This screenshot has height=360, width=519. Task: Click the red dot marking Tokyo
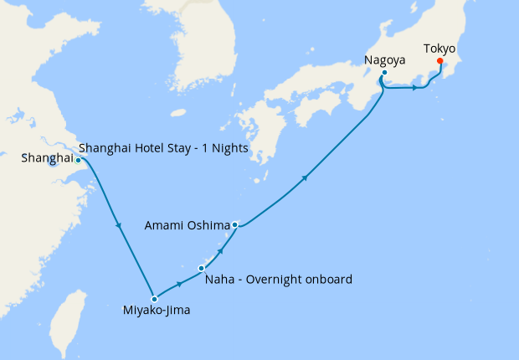click(x=440, y=70)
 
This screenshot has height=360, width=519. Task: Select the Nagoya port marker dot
click(x=383, y=74)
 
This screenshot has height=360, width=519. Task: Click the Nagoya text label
click(x=386, y=59)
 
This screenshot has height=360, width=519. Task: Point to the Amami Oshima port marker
click(x=236, y=224)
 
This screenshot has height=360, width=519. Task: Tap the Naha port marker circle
click(x=201, y=268)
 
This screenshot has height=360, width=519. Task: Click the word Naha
click(x=219, y=279)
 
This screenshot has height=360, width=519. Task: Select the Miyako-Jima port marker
click(x=154, y=298)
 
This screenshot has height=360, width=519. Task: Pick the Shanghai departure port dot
click(x=78, y=160)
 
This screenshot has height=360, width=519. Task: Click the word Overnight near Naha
click(x=275, y=279)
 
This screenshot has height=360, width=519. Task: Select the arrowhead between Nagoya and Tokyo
click(x=415, y=88)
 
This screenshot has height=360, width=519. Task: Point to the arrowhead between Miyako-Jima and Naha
click(x=180, y=284)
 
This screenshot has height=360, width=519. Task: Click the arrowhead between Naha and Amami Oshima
click(x=221, y=250)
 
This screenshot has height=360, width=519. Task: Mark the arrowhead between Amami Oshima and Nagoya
click(x=306, y=177)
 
